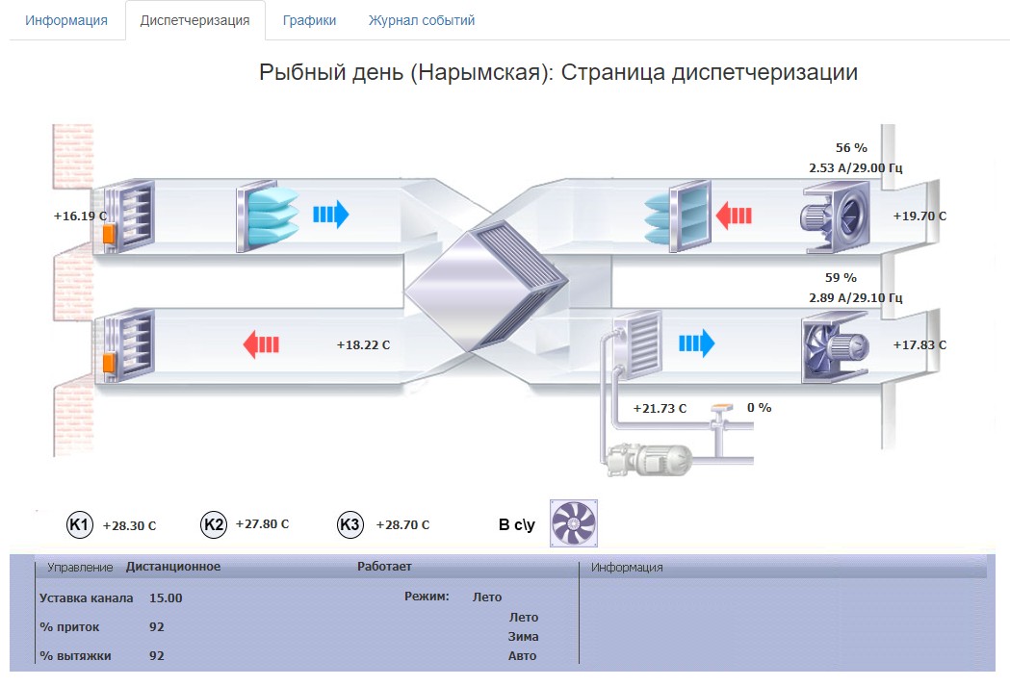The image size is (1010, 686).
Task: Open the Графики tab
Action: coord(309,20)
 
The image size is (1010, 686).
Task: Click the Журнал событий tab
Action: coord(422,20)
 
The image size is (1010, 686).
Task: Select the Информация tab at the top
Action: coord(66,20)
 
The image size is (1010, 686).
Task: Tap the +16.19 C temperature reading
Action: coord(80,216)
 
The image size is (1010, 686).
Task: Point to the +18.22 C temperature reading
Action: coord(363,345)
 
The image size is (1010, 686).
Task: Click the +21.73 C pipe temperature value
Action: coord(660,409)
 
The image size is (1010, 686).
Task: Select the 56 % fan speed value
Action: coord(851,148)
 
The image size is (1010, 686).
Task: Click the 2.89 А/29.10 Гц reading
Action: coord(855,298)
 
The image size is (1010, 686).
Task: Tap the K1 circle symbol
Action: coord(80,525)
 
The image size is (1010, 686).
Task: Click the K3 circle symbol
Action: coord(350,525)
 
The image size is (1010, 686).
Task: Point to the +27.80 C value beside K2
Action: coord(262,524)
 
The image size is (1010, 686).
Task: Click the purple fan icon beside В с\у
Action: coord(573,523)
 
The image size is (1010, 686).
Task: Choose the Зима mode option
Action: coord(523,636)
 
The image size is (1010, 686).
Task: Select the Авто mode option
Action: coord(522,656)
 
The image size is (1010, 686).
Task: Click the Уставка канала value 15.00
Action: coord(166,597)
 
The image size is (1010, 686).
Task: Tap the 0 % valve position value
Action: coord(760,408)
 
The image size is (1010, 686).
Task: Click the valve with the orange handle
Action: coord(721,415)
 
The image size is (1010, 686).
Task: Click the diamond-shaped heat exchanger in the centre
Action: coord(486,286)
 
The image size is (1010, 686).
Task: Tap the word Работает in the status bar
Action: coord(384,567)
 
